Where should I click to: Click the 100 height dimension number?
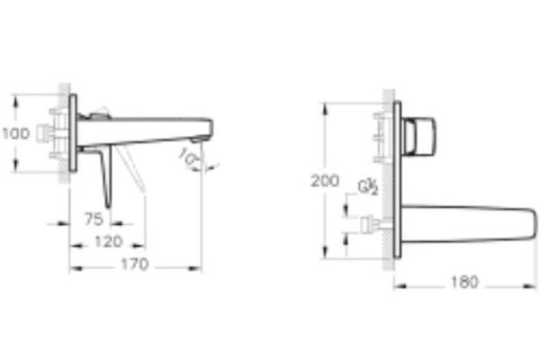[x=17, y=132]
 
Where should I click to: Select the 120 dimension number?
[x=109, y=242]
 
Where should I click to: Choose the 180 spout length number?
[x=464, y=281]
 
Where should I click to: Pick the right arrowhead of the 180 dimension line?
[x=534, y=282]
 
